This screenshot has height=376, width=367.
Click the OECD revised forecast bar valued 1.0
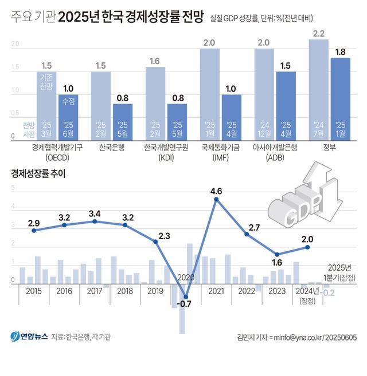click(68, 117)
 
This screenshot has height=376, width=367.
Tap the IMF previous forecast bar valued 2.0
click(210, 94)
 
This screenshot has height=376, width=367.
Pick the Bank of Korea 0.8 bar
click(122, 121)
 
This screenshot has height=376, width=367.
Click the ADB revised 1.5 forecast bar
click(286, 106)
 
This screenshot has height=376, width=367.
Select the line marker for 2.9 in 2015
click(34, 231)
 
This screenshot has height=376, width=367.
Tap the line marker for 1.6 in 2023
click(277, 255)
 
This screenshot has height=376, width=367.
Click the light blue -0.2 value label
click(329, 292)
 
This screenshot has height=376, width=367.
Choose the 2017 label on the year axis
click(95, 291)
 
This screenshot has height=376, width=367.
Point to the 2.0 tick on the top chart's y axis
click(15, 44)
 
